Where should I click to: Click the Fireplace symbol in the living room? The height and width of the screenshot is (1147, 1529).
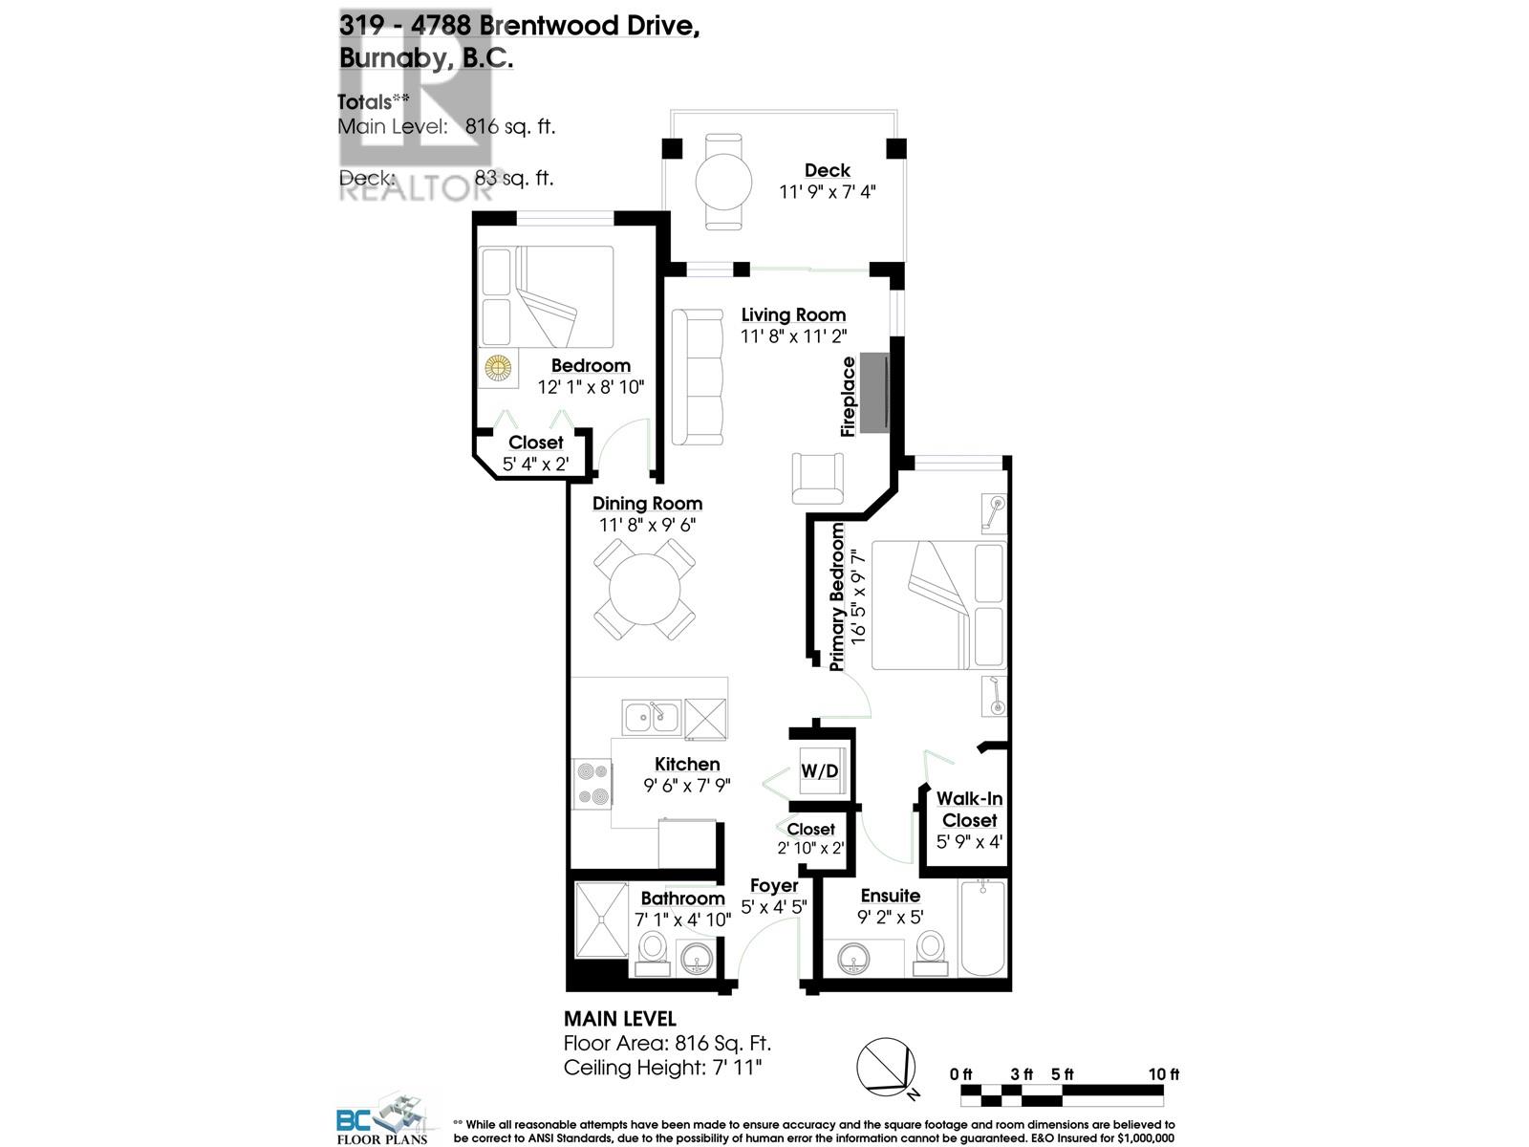(875, 393)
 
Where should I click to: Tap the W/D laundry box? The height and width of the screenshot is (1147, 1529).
(819, 769)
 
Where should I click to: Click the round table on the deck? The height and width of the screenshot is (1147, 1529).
(722, 181)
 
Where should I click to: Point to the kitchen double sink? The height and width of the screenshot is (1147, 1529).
(651, 716)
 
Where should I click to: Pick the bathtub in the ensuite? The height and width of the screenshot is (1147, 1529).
(982, 926)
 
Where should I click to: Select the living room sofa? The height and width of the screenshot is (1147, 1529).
(697, 377)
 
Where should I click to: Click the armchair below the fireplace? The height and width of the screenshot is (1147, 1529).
(818, 477)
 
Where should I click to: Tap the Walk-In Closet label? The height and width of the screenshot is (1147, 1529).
(969, 809)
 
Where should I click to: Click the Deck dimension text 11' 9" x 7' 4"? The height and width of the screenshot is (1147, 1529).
(827, 192)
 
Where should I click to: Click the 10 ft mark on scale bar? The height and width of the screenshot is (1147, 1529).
(1163, 1074)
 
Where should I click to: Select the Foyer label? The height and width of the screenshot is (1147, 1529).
(773, 886)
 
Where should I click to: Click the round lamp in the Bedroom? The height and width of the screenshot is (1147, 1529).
(497, 367)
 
